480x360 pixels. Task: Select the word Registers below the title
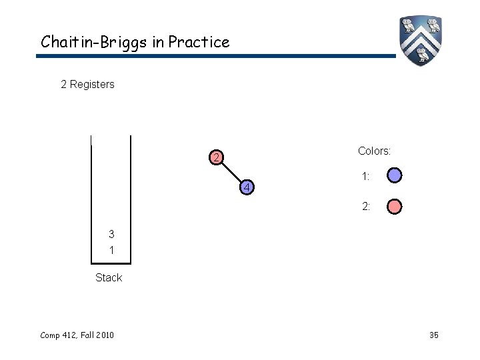92,85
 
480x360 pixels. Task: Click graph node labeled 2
215,159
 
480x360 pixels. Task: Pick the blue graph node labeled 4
246,188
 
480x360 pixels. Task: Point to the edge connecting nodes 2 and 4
231,173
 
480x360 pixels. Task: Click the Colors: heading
374,151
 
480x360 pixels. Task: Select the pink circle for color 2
395,207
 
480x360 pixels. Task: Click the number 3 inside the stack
111,234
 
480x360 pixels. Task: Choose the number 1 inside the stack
111,250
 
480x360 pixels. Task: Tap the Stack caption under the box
109,278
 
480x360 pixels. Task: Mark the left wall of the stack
91,200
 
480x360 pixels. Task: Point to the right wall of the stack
131,200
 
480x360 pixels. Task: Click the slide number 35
433,335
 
